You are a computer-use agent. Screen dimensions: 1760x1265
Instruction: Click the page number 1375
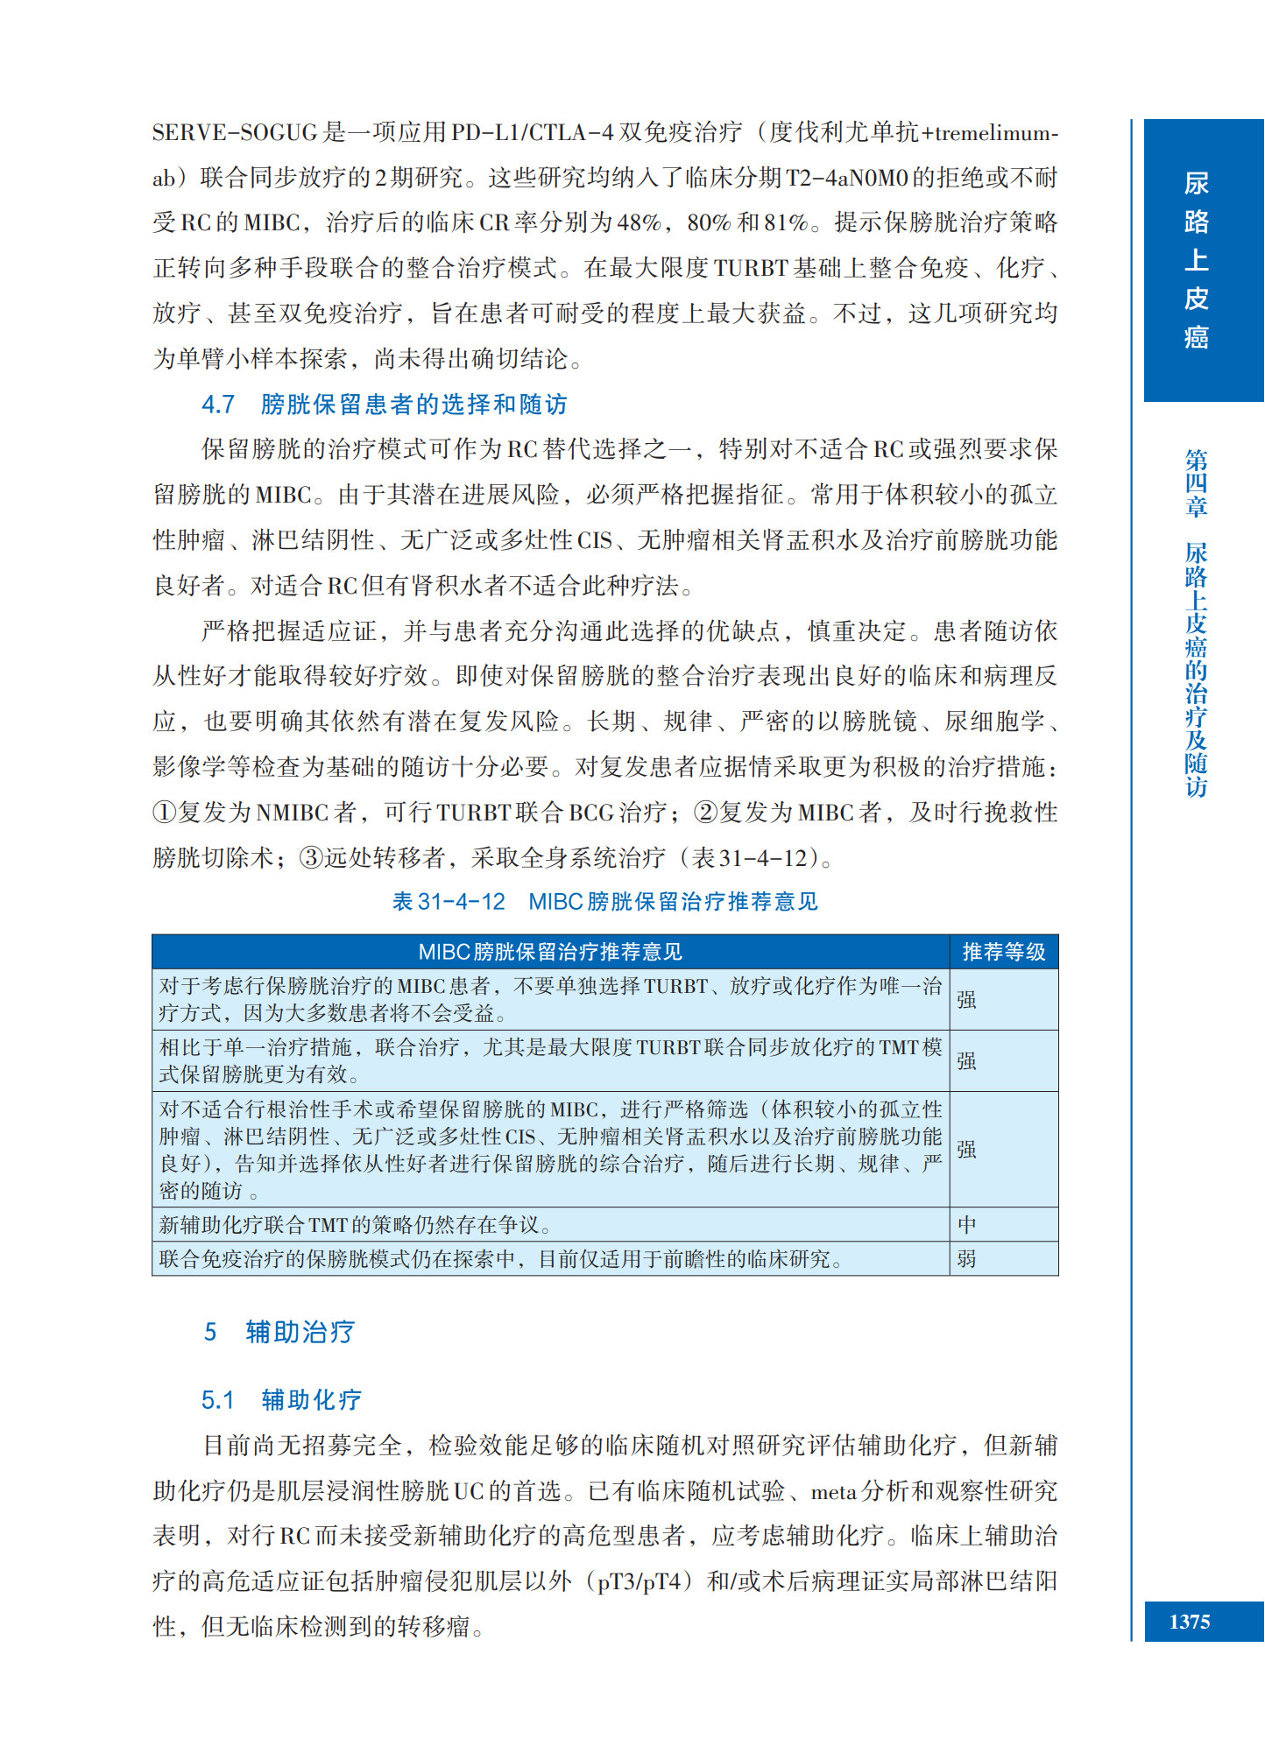[1189, 1622]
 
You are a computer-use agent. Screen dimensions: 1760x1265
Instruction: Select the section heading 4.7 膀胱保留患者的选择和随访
[385, 405]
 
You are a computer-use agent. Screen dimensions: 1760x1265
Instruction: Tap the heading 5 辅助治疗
[279, 1332]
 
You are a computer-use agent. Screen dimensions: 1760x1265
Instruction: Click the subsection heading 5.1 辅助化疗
[281, 1399]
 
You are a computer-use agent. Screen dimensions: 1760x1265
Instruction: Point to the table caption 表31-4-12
[449, 901]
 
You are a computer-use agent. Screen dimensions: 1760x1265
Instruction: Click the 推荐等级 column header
[1003, 952]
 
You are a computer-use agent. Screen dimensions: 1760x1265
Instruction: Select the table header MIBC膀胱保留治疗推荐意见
[550, 952]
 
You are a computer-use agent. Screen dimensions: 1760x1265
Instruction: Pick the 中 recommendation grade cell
[966, 1224]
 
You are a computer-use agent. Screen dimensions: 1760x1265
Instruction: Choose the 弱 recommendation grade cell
[966, 1258]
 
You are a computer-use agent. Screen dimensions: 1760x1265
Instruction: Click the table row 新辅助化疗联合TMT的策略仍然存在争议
[355, 1224]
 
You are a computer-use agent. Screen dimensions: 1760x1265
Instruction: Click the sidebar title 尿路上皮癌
[1196, 260]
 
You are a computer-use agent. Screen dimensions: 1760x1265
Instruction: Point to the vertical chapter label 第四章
[1196, 482]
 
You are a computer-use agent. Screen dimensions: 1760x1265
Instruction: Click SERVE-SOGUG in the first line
[234, 133]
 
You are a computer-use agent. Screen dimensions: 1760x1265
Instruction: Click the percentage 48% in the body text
[639, 223]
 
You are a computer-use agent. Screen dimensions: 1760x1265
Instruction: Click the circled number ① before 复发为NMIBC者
[164, 813]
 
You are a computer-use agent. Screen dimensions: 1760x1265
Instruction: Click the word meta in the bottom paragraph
[833, 1491]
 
